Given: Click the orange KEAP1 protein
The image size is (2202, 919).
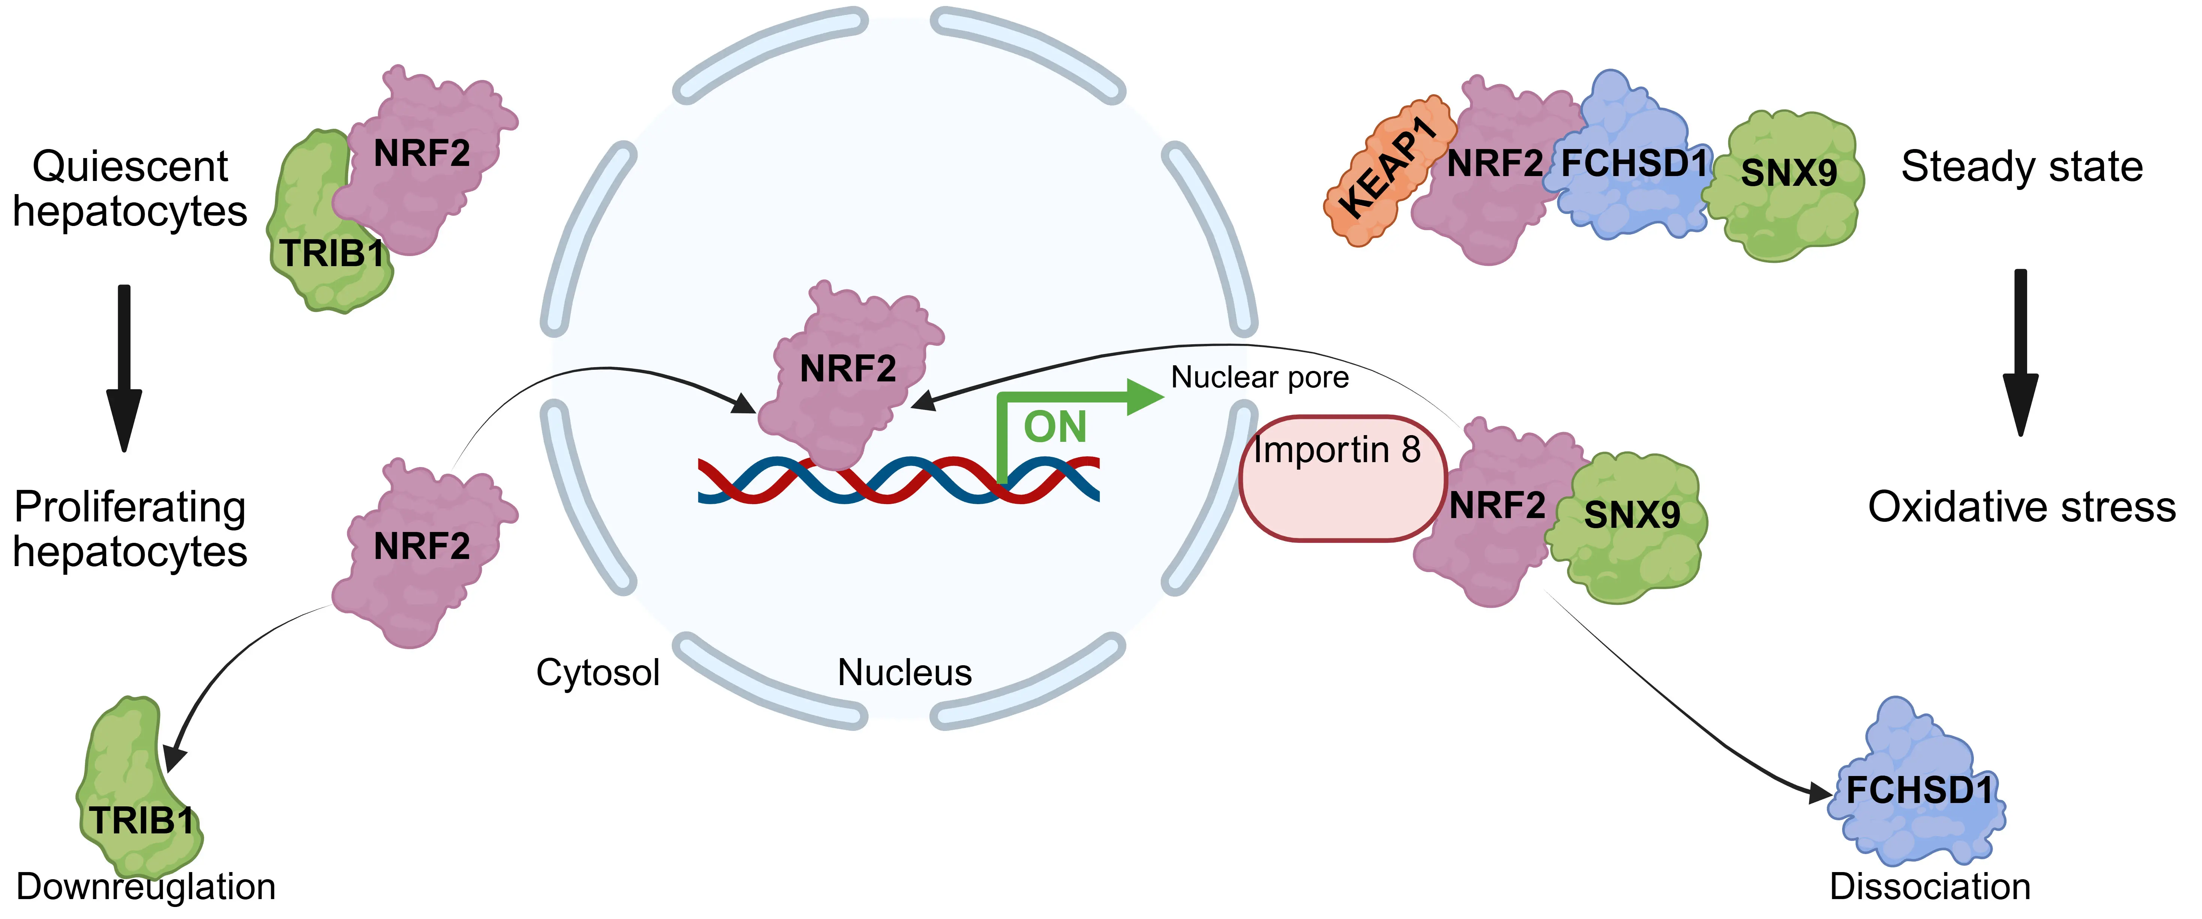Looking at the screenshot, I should click(x=1387, y=171).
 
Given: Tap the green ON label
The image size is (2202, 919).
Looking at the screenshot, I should click(x=1055, y=426).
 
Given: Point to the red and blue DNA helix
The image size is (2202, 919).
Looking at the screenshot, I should click(x=898, y=481).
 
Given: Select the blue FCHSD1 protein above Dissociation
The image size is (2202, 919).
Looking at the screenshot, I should click(x=1917, y=786).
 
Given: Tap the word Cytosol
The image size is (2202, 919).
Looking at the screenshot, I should click(x=597, y=673).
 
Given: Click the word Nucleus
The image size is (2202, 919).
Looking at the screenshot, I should click(x=904, y=673).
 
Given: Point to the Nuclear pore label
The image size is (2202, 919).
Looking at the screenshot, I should click(x=1259, y=377).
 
